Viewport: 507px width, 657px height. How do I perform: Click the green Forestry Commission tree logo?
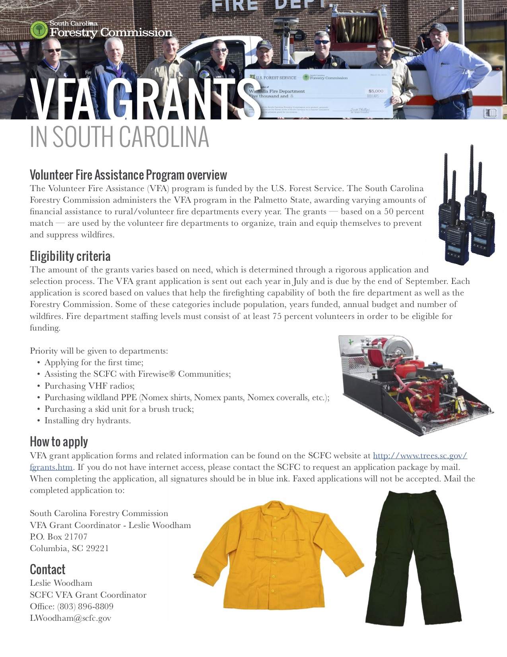pyautogui.click(x=39, y=30)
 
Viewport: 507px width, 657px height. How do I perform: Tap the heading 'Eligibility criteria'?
pyautogui.click(x=70, y=256)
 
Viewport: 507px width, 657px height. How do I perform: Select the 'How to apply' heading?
pyautogui.click(x=59, y=442)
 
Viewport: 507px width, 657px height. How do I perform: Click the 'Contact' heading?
pyautogui.click(x=47, y=569)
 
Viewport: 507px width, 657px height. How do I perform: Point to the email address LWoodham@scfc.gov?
pyautogui.click(x=70, y=618)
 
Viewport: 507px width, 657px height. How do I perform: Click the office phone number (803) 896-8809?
pyautogui.click(x=85, y=606)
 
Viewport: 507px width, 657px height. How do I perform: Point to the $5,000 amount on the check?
pyautogui.click(x=376, y=91)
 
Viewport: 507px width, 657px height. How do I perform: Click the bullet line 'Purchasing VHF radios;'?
pyautogui.click(x=89, y=386)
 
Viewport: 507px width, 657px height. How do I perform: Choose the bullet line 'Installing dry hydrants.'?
pyautogui.click(x=87, y=420)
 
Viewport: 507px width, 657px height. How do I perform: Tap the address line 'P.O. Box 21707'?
pyautogui.click(x=58, y=536)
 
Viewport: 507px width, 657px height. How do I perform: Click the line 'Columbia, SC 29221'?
pyautogui.click(x=69, y=548)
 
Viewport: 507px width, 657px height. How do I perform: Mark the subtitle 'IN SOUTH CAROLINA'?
pyautogui.click(x=119, y=137)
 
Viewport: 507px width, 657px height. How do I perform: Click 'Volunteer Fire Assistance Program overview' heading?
pyautogui.click(x=128, y=175)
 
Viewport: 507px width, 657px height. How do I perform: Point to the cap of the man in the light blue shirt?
pyautogui.click(x=438, y=28)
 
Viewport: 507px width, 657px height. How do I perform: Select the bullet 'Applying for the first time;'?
pyautogui.click(x=94, y=362)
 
